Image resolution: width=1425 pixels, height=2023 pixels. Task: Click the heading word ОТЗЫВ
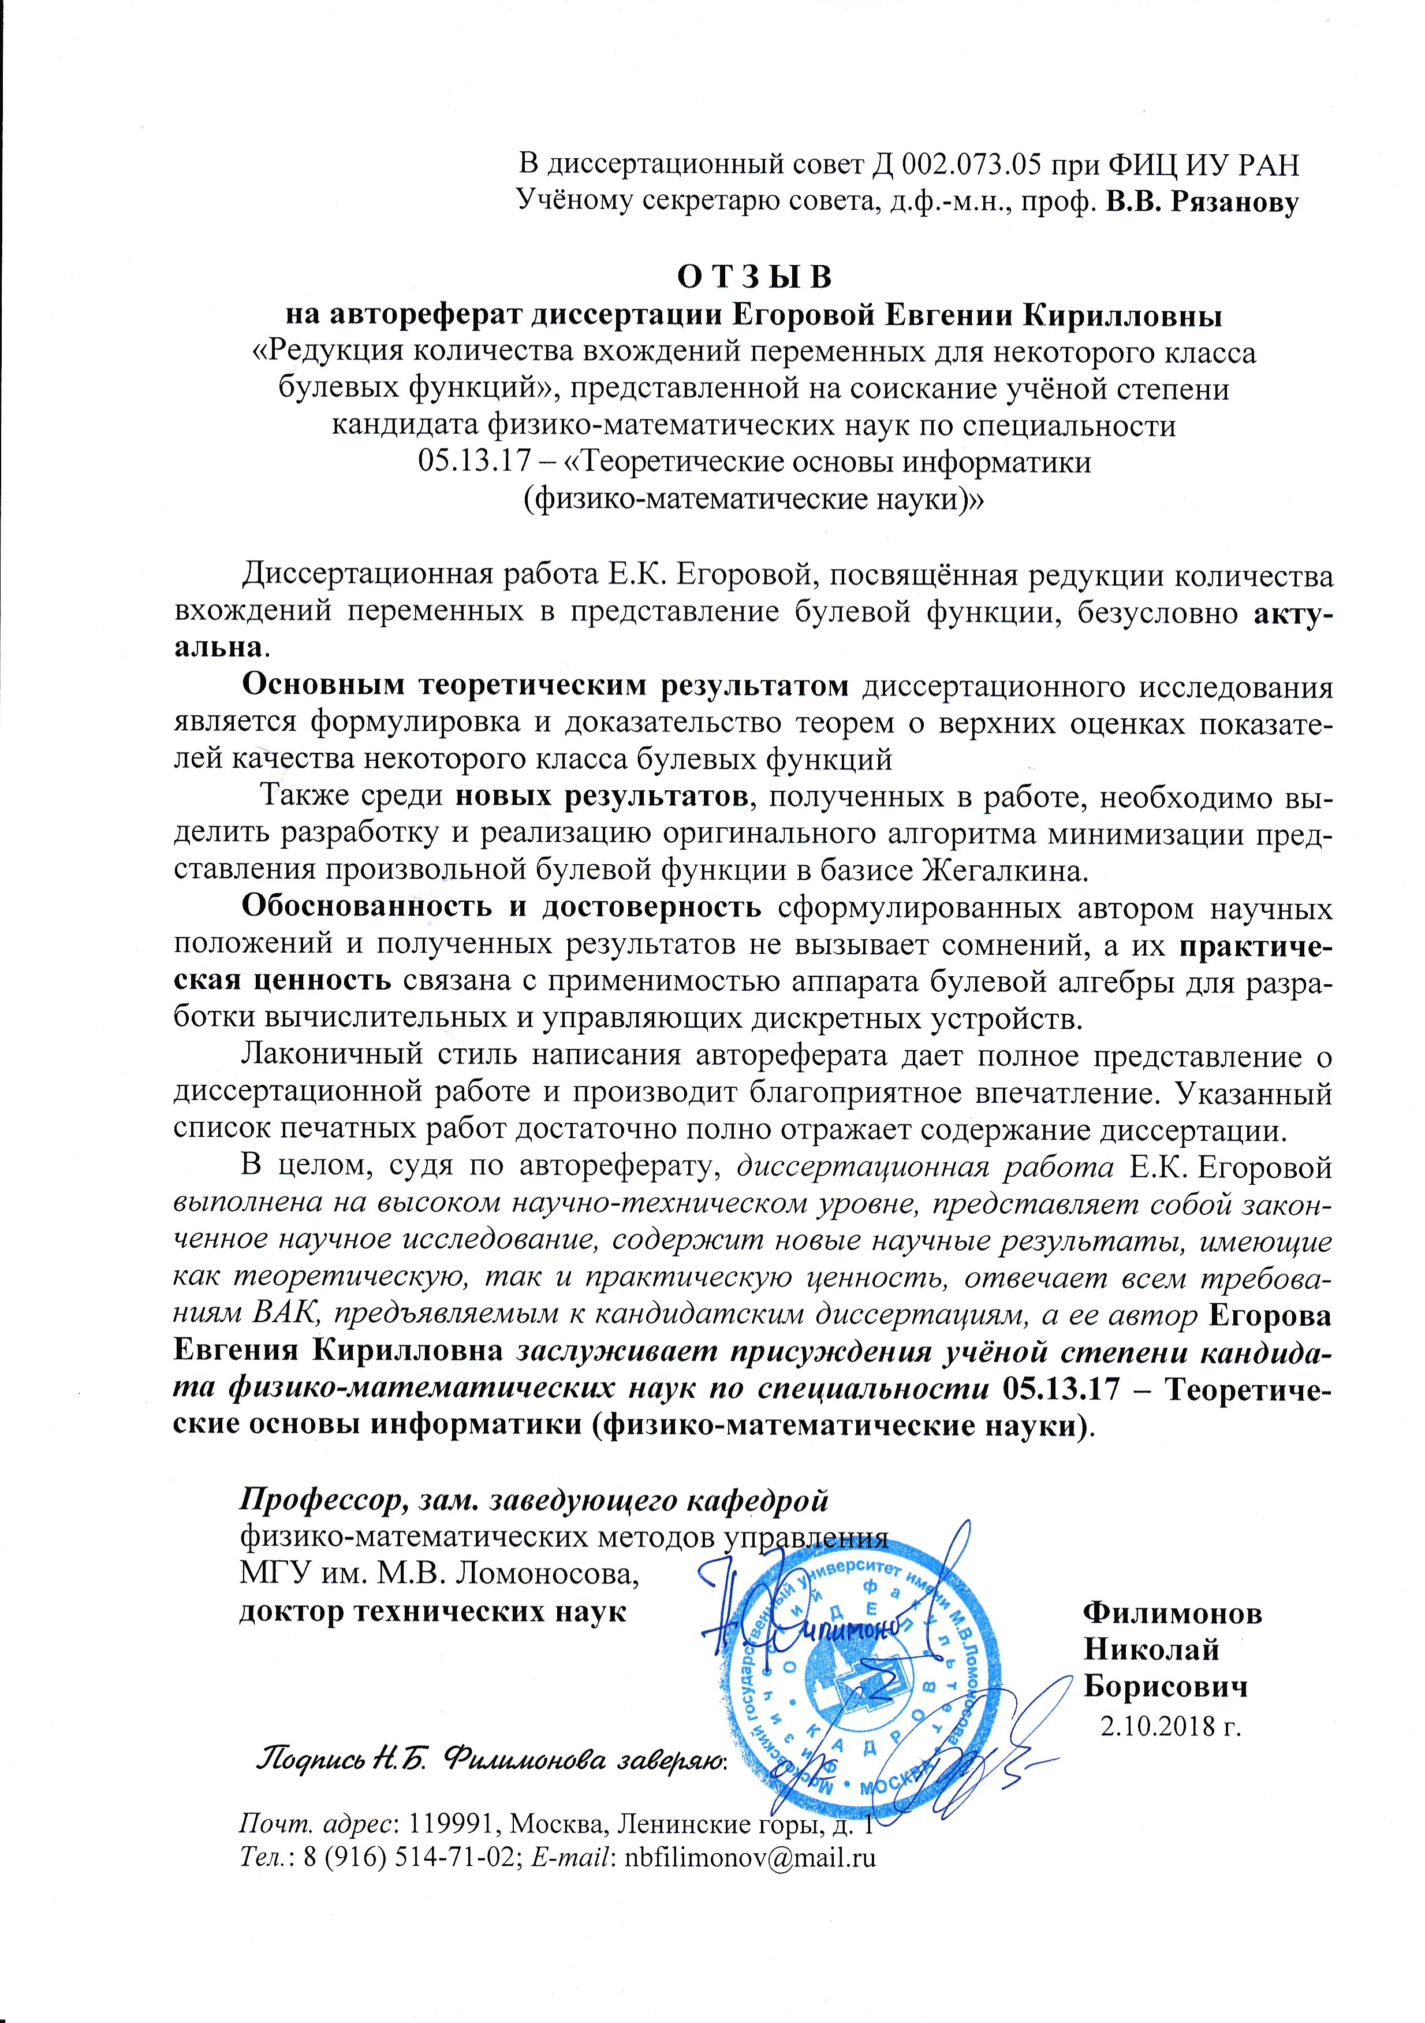[x=753, y=276]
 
